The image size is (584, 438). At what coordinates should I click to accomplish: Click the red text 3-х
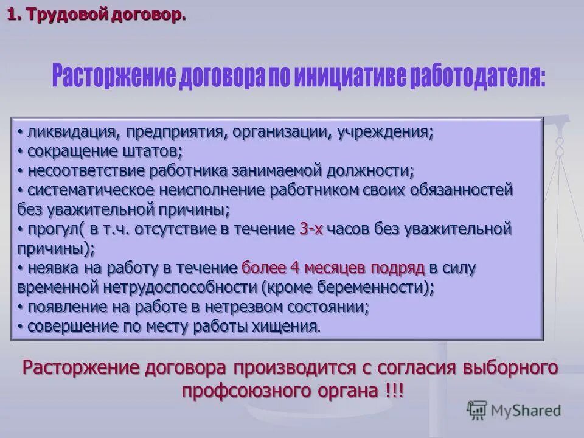point(311,229)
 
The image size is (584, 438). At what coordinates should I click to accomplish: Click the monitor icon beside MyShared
point(478,411)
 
